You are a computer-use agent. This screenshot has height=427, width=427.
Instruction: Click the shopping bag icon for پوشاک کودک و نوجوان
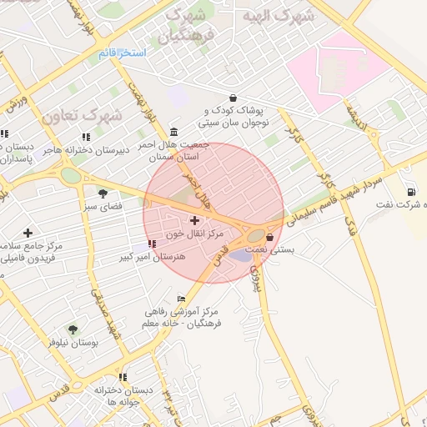(232, 98)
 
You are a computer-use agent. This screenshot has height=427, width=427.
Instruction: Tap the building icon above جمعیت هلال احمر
(173, 132)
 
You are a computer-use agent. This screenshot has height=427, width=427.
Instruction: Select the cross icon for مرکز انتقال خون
(194, 221)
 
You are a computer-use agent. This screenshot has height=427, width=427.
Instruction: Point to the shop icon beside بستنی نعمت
(269, 238)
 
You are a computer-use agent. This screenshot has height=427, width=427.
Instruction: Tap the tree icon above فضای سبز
(103, 193)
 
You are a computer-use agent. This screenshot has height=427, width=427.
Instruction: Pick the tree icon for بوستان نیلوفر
(73, 329)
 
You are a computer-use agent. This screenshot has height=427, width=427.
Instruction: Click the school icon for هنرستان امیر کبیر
(151, 244)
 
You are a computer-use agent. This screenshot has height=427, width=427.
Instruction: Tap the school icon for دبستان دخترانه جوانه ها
(123, 378)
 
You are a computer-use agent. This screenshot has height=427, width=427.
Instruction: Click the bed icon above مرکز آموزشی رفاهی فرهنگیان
(181, 299)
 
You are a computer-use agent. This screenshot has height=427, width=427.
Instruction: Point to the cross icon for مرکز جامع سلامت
(28, 233)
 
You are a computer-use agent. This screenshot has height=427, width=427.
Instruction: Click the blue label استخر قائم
(122, 53)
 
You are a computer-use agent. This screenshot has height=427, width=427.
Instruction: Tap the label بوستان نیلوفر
(73, 342)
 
